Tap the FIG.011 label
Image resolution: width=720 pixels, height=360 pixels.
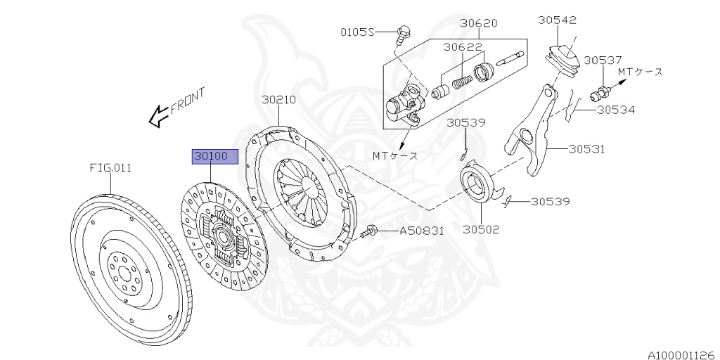coord(110,168)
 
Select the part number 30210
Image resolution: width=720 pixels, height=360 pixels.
coord(279,100)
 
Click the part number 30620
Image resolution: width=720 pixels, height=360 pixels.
coord(479,22)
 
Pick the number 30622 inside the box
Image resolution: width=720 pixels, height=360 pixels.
coord(462,47)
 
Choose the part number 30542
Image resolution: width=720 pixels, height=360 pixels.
coord(558,20)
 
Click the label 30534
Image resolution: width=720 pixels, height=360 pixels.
coord(616,110)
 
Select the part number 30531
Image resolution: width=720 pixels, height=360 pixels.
coord(587,149)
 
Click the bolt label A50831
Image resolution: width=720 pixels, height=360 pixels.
coord(422,231)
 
